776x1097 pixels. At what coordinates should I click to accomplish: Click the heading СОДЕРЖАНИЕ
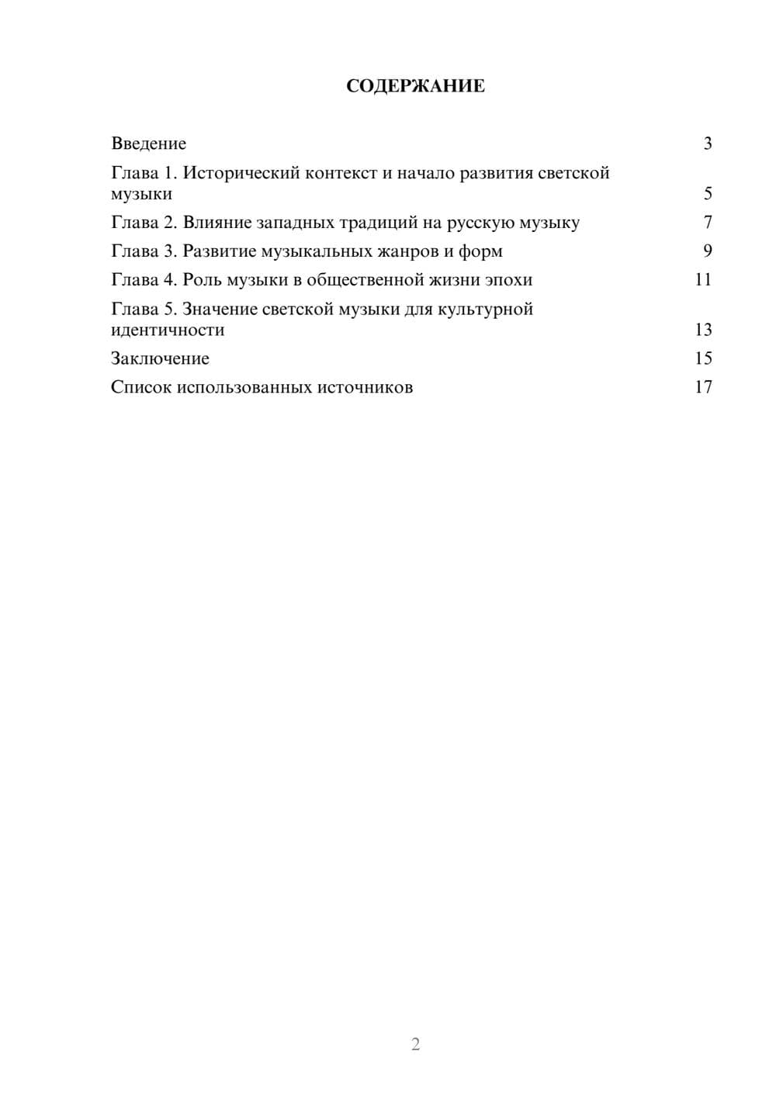(x=415, y=86)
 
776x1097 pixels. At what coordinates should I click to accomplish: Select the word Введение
(x=148, y=144)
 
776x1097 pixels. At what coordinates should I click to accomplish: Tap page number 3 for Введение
(x=707, y=144)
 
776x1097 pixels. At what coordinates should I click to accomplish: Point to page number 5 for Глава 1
(x=707, y=194)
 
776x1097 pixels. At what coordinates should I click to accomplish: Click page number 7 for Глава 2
(x=707, y=223)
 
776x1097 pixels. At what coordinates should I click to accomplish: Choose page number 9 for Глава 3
(x=707, y=251)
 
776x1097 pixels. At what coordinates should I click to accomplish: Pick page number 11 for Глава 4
(x=703, y=280)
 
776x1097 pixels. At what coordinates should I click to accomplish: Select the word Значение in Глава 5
(x=220, y=310)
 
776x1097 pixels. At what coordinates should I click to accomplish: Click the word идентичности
(x=168, y=330)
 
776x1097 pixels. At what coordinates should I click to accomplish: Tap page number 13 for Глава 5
(x=703, y=330)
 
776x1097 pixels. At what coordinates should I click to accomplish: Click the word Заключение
(x=160, y=358)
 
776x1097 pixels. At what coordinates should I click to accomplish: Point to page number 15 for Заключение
(x=703, y=358)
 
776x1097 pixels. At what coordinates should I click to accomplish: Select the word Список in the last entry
(x=140, y=387)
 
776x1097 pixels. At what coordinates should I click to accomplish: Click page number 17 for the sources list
(x=703, y=387)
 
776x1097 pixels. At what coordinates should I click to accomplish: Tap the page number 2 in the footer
(x=415, y=1044)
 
